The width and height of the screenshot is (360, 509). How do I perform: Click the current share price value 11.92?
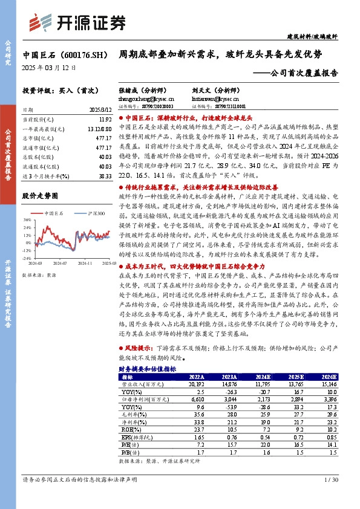pyautogui.click(x=105, y=120)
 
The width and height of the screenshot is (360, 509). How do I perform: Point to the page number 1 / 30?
pyautogui.click(x=330, y=479)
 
